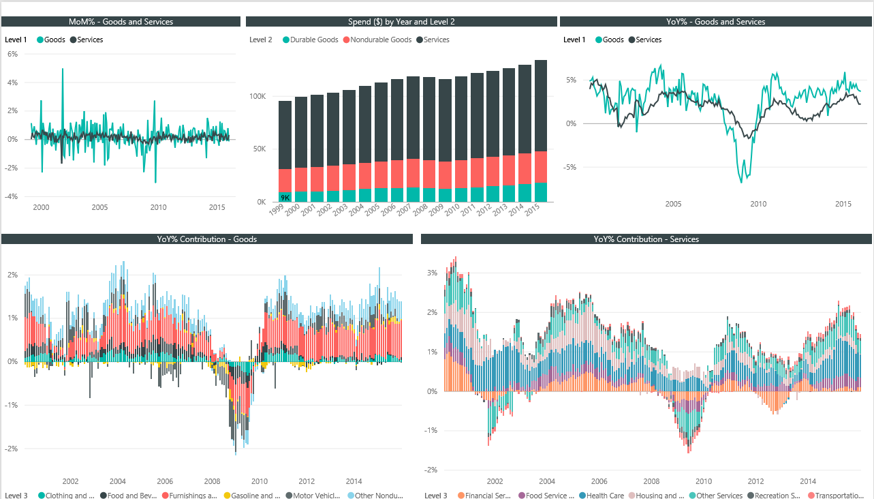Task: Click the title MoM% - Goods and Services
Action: point(121,22)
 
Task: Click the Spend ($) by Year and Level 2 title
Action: point(401,22)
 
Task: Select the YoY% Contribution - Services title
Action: point(646,239)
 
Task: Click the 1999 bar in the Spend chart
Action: point(285,151)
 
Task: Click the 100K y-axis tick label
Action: point(257,97)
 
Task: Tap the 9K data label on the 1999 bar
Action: point(285,198)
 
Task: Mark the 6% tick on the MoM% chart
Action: point(12,54)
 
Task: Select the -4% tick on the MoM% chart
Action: point(11,196)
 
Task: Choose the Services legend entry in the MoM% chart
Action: point(90,40)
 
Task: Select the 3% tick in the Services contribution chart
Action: point(431,273)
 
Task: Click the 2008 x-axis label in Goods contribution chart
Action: point(213,481)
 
